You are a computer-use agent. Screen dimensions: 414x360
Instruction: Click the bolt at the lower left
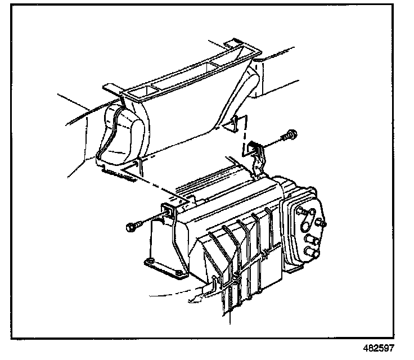click(x=133, y=227)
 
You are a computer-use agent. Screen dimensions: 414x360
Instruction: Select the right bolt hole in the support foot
click(x=179, y=274)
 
